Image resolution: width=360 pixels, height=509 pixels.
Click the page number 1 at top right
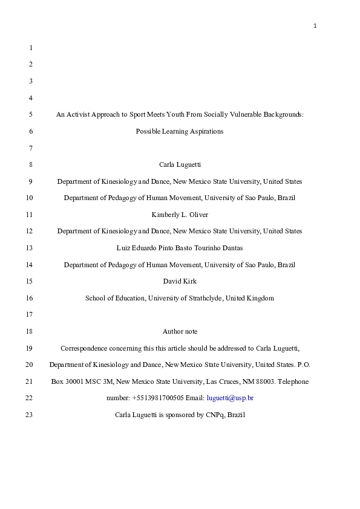315,25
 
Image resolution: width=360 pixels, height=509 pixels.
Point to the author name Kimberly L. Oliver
180,215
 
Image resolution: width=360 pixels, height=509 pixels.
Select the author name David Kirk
180,281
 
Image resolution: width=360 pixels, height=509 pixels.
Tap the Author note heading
180,331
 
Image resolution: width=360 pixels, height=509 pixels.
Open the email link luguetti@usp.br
230,398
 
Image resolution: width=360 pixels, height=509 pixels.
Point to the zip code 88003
267,381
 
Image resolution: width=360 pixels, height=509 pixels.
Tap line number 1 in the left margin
31,47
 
